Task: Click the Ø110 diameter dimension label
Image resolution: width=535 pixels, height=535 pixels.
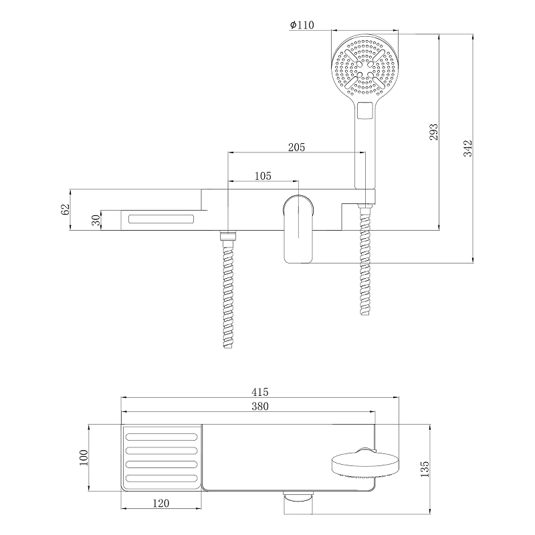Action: tap(302, 25)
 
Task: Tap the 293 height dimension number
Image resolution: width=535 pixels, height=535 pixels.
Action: tap(433, 132)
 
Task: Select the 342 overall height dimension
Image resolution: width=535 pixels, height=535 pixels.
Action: tap(467, 148)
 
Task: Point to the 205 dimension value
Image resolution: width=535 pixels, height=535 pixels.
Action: tap(296, 147)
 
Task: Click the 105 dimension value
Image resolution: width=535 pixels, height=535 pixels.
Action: tap(263, 176)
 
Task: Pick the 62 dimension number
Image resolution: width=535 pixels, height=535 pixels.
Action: tap(65, 209)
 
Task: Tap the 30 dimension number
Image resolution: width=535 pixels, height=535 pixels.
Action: tap(96, 220)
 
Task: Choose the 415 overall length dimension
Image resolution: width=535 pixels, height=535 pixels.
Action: tap(260, 392)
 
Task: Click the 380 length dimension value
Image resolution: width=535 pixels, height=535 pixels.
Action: tap(260, 407)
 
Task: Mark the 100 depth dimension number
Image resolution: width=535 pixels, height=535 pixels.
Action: tap(83, 457)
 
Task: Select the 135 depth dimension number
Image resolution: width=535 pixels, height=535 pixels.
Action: tap(425, 469)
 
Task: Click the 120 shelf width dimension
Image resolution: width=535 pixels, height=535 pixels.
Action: tap(160, 504)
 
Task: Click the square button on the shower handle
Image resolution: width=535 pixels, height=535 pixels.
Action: tap(364, 110)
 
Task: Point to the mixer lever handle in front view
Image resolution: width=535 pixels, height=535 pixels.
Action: tap(298, 229)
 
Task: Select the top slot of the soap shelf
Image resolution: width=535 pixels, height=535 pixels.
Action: tap(161, 437)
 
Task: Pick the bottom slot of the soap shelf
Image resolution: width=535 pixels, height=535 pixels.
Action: tap(161, 478)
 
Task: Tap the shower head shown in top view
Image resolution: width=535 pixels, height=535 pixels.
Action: tap(366, 463)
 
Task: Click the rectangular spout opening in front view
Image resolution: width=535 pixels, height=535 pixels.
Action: tap(161, 219)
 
